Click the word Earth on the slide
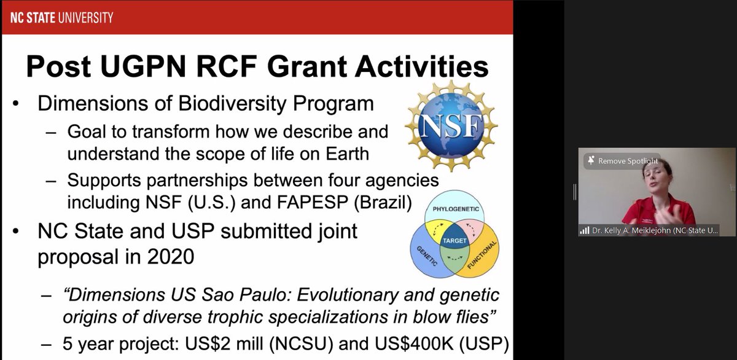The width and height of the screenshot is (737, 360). (341, 152)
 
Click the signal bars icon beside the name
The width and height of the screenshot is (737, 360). (583, 231)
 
